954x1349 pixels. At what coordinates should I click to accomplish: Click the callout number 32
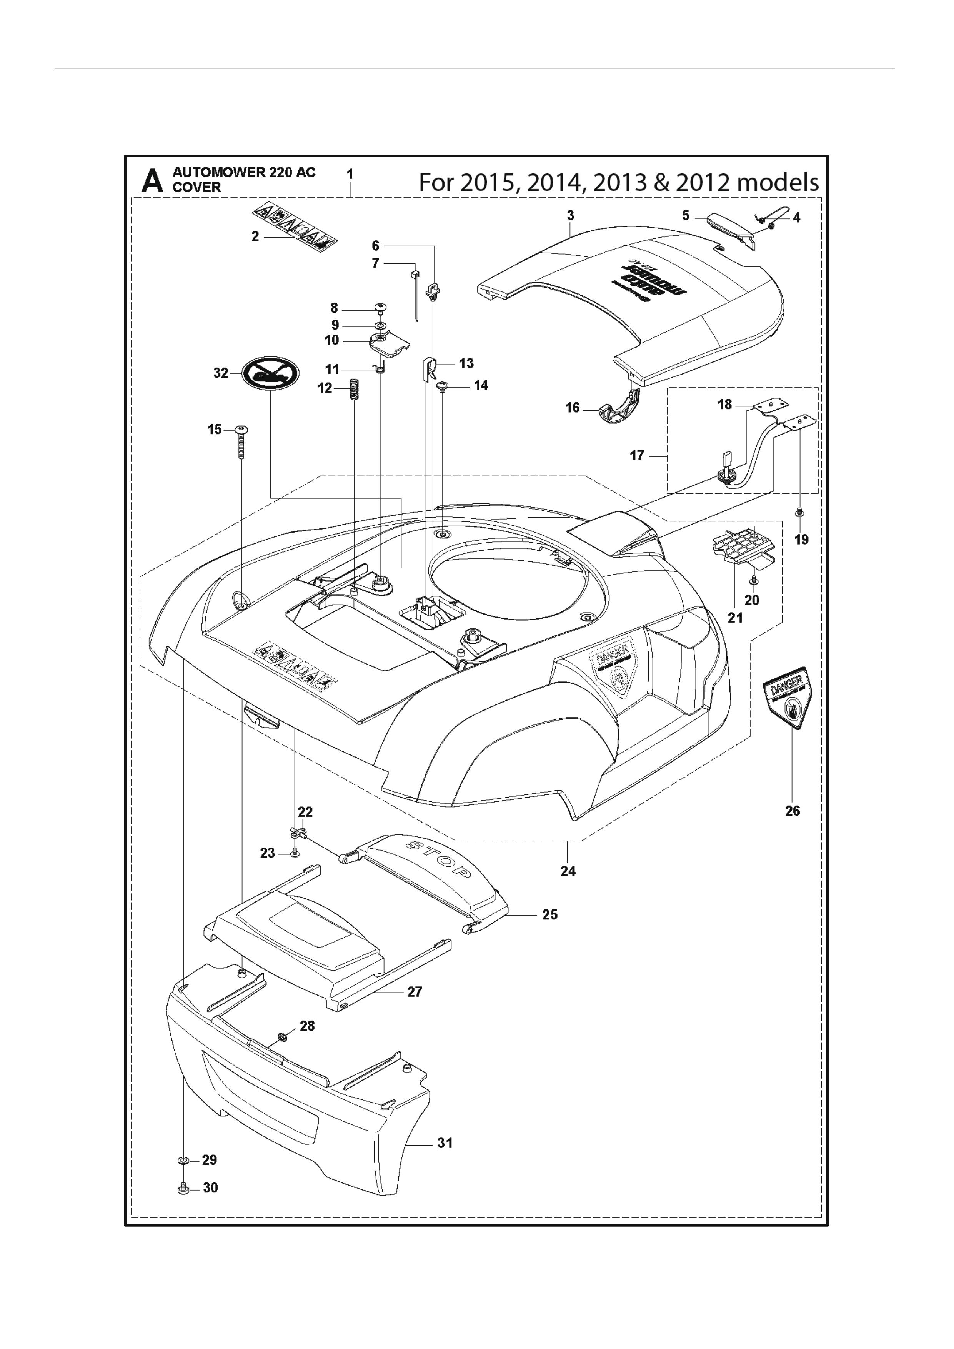[x=220, y=373]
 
